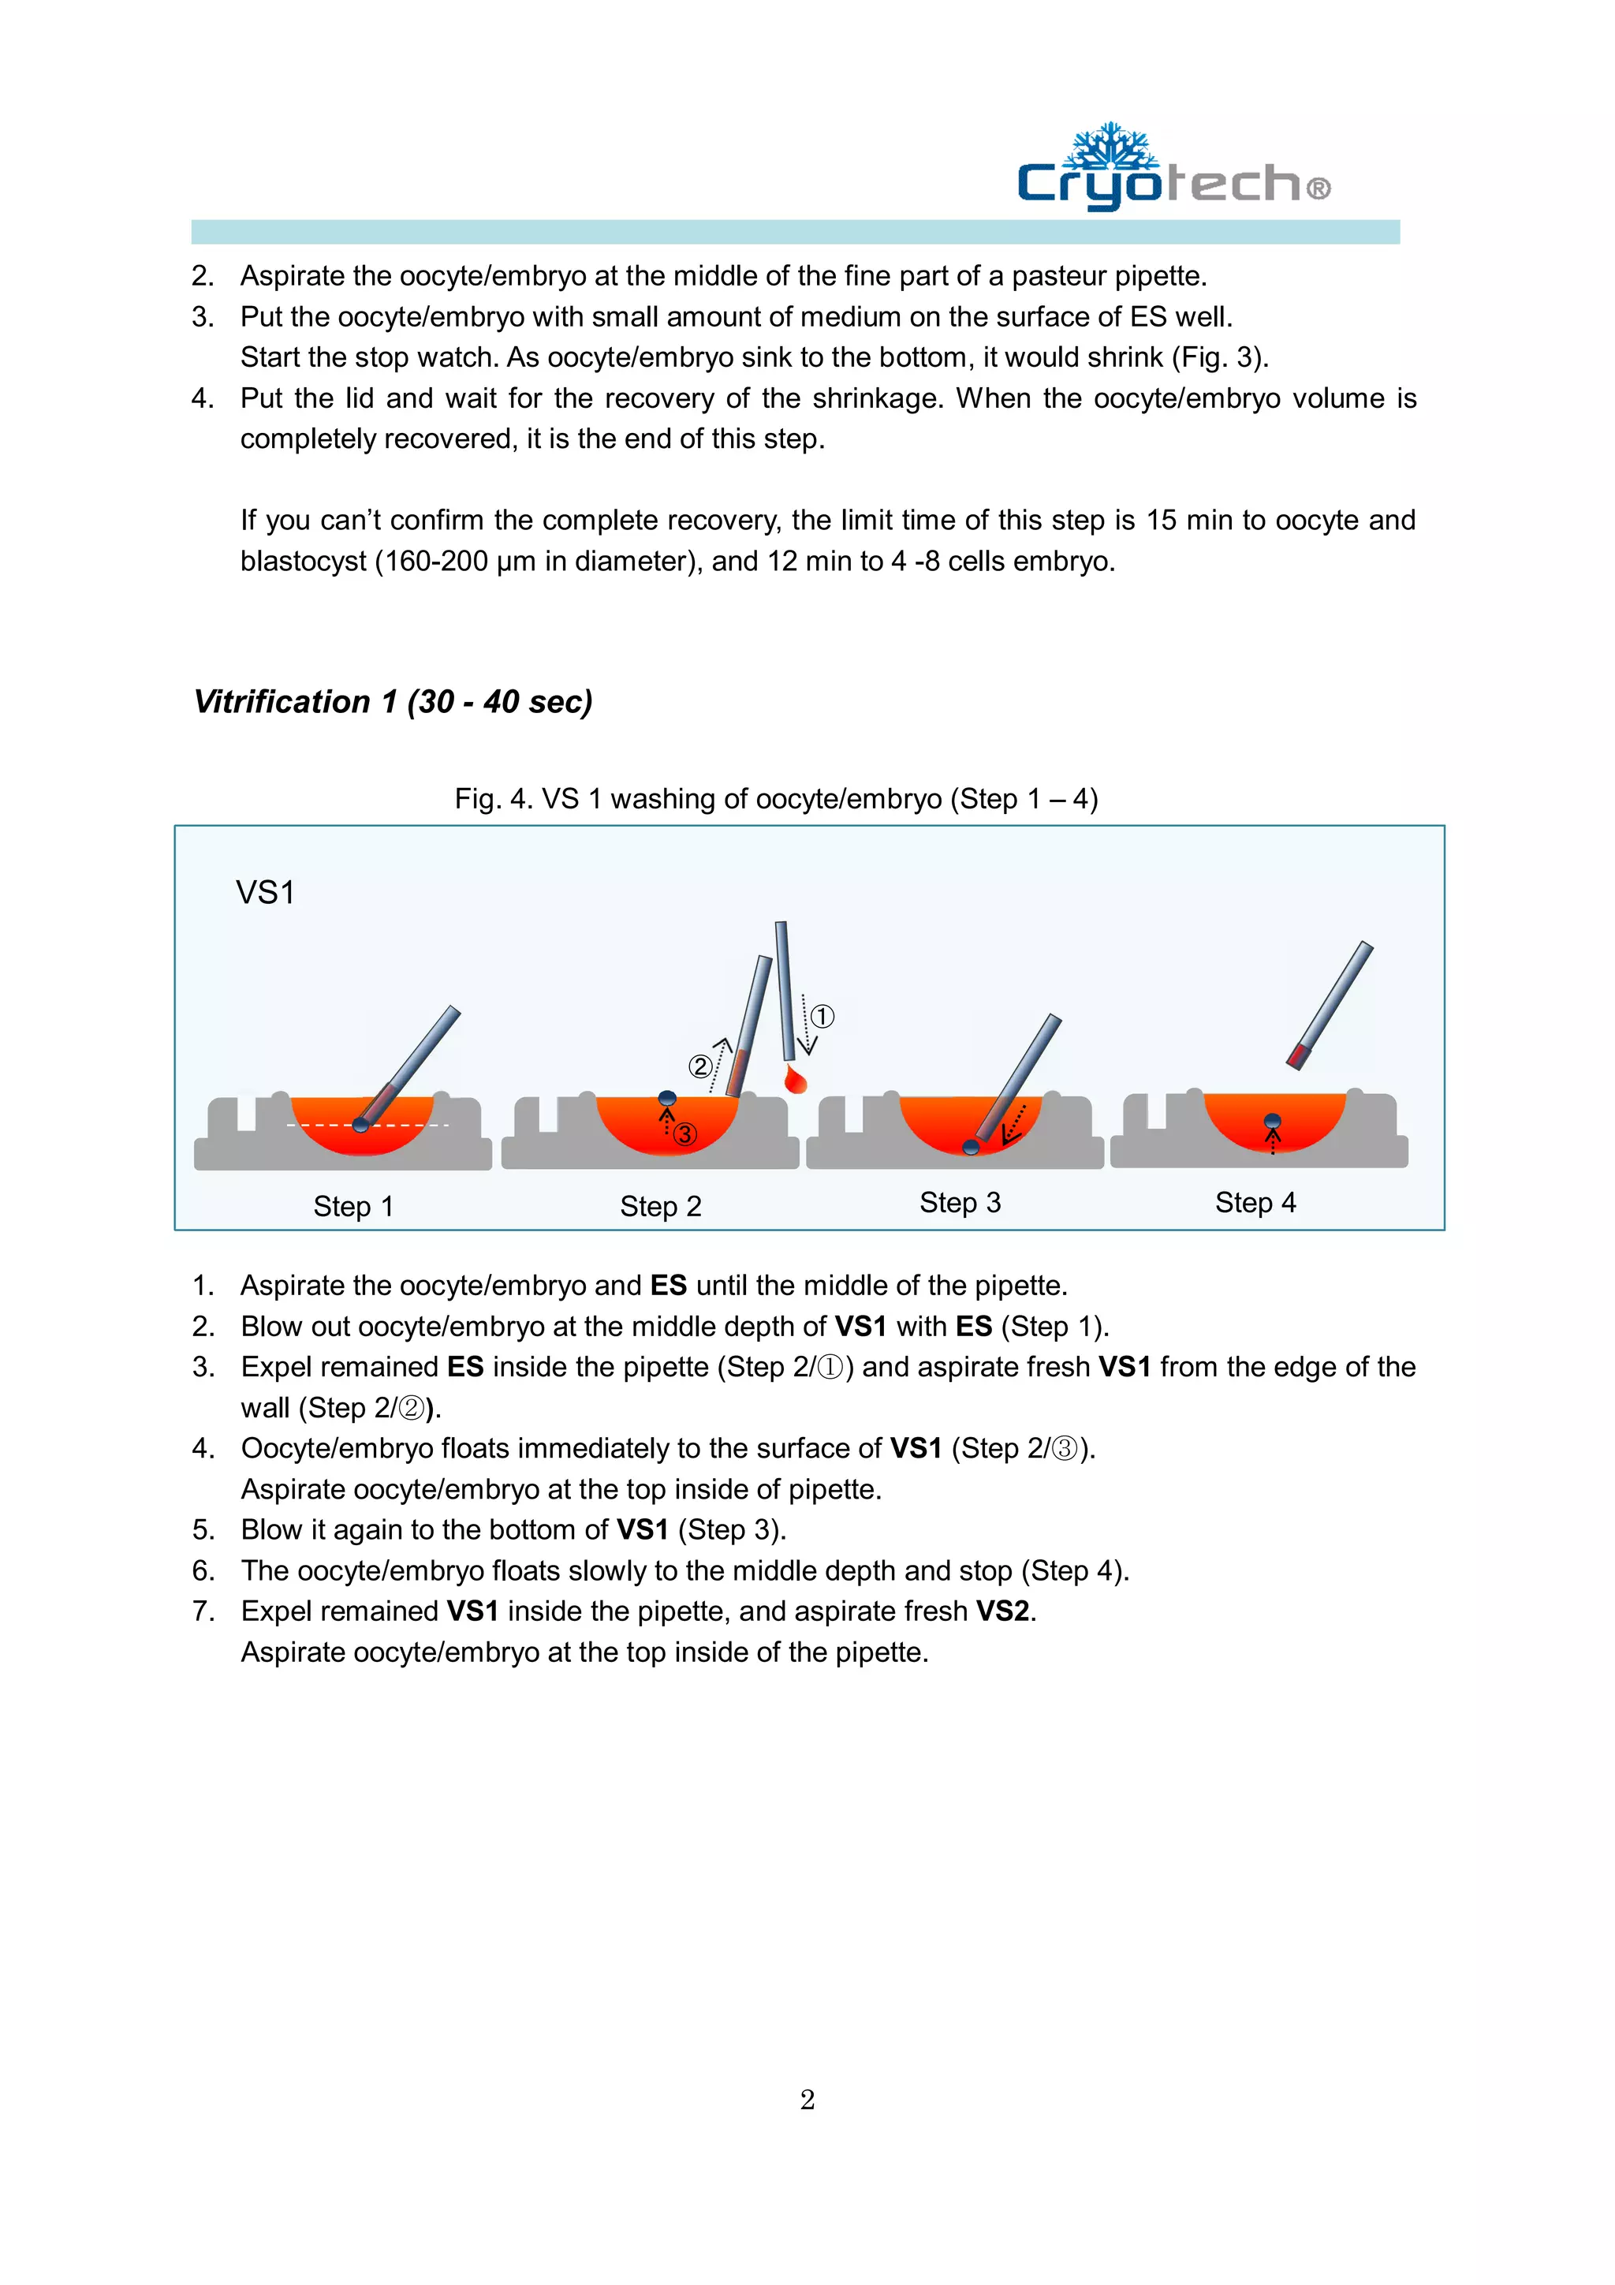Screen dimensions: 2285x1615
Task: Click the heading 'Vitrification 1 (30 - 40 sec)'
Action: (393, 702)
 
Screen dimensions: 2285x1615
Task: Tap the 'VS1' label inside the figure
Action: (265, 893)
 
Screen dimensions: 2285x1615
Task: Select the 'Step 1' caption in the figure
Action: (353, 1206)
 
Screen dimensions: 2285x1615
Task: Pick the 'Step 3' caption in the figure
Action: (959, 1202)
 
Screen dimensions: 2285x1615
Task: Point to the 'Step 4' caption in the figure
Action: (1255, 1202)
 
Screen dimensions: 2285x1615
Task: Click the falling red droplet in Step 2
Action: (795, 1080)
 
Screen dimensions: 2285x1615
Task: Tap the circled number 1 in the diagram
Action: (822, 1016)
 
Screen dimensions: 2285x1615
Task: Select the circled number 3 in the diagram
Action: (684, 1133)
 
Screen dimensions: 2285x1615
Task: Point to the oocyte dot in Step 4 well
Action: (1272, 1122)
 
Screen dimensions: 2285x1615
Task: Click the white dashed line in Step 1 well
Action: (319, 1125)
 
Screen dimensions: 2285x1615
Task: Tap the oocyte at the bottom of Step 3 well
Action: (972, 1147)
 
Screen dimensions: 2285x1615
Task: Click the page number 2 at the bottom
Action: (807, 2099)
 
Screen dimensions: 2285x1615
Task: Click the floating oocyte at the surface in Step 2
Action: (668, 1098)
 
